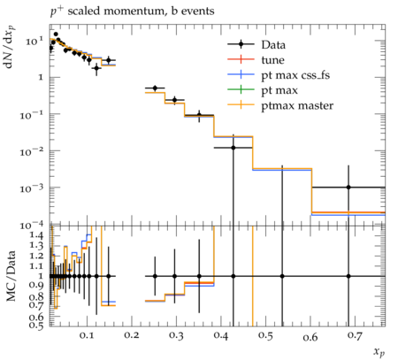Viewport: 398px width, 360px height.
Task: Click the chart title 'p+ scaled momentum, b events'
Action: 132,11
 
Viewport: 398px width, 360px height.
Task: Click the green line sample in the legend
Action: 241,89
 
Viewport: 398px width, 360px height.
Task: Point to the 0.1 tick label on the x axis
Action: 87,335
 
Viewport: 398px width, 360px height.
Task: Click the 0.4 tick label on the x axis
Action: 221,335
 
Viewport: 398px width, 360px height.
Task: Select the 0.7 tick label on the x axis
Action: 355,335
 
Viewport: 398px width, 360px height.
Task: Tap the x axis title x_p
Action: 379,352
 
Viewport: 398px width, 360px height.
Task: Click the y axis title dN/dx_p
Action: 10,47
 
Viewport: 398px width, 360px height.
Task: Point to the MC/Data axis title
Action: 11,276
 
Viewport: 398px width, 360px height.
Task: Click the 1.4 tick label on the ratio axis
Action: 36,235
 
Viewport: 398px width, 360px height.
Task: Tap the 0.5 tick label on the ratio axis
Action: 36,325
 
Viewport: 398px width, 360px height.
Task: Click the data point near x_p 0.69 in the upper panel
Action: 348,188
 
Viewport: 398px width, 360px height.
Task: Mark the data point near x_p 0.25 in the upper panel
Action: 155,88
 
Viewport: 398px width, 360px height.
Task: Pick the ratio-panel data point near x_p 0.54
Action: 282,276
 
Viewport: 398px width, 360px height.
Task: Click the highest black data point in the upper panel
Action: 56,34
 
